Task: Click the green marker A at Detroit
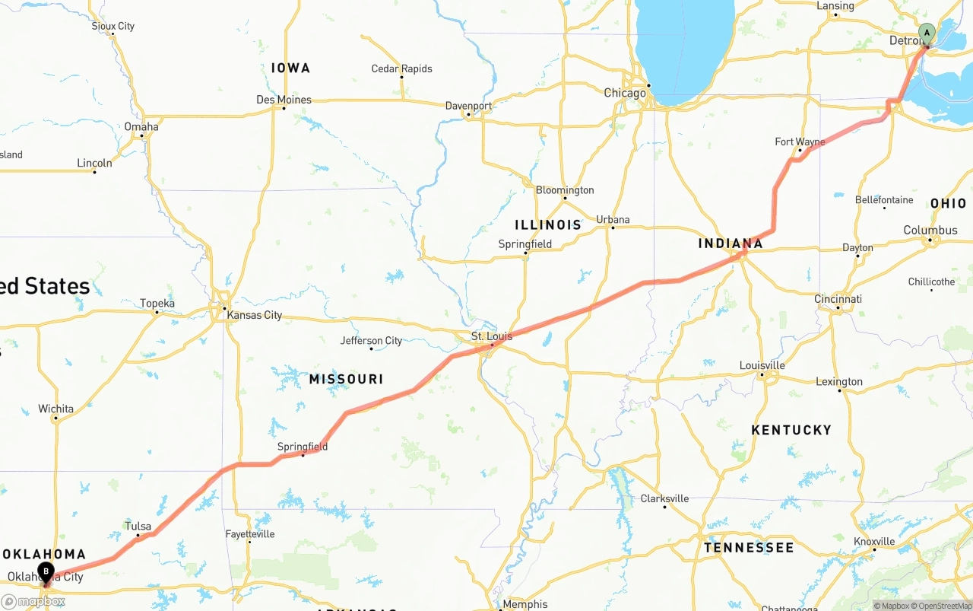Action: click(x=926, y=33)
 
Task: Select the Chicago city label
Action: click(x=624, y=93)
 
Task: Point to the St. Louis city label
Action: click(x=492, y=336)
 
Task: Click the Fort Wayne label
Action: click(x=800, y=142)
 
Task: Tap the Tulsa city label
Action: click(x=138, y=526)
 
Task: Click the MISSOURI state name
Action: click(x=346, y=379)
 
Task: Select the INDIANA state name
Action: click(x=731, y=243)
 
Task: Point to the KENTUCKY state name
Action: click(x=791, y=430)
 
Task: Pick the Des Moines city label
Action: click(x=284, y=100)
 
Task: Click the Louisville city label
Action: click(x=762, y=365)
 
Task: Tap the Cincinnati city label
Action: click(x=838, y=299)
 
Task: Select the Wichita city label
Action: click(x=56, y=409)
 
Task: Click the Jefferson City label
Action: click(x=371, y=340)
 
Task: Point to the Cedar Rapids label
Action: click(x=401, y=68)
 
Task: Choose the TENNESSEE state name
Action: click(x=748, y=548)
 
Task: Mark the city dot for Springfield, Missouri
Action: click(x=303, y=455)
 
